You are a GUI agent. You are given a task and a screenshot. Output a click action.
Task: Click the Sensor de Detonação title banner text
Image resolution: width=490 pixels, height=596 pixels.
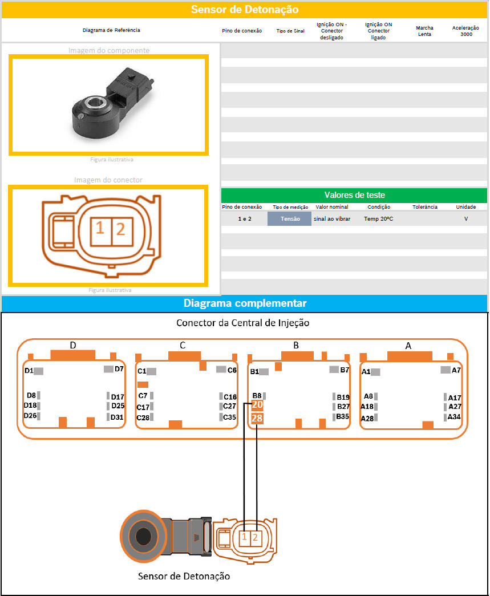tap(245, 10)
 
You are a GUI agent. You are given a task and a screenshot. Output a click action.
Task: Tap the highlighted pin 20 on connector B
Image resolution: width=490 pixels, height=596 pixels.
tap(257, 405)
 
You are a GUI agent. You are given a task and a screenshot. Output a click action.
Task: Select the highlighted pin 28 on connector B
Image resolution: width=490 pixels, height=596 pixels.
tap(257, 419)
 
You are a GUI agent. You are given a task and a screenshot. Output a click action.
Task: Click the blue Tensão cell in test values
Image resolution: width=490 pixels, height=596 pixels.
tap(290, 218)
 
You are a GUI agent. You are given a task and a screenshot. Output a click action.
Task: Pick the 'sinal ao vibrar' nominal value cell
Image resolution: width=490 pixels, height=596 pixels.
tap(332, 218)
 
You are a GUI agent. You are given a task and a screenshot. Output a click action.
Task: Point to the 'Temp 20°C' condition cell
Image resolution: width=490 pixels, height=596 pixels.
tap(379, 218)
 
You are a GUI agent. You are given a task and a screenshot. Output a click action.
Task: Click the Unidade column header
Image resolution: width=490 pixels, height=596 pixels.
tap(466, 207)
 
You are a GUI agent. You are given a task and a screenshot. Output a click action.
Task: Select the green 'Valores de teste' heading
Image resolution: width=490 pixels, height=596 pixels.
tap(355, 195)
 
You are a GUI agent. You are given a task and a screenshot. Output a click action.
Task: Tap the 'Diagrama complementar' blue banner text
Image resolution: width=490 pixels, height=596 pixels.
tap(245, 303)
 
